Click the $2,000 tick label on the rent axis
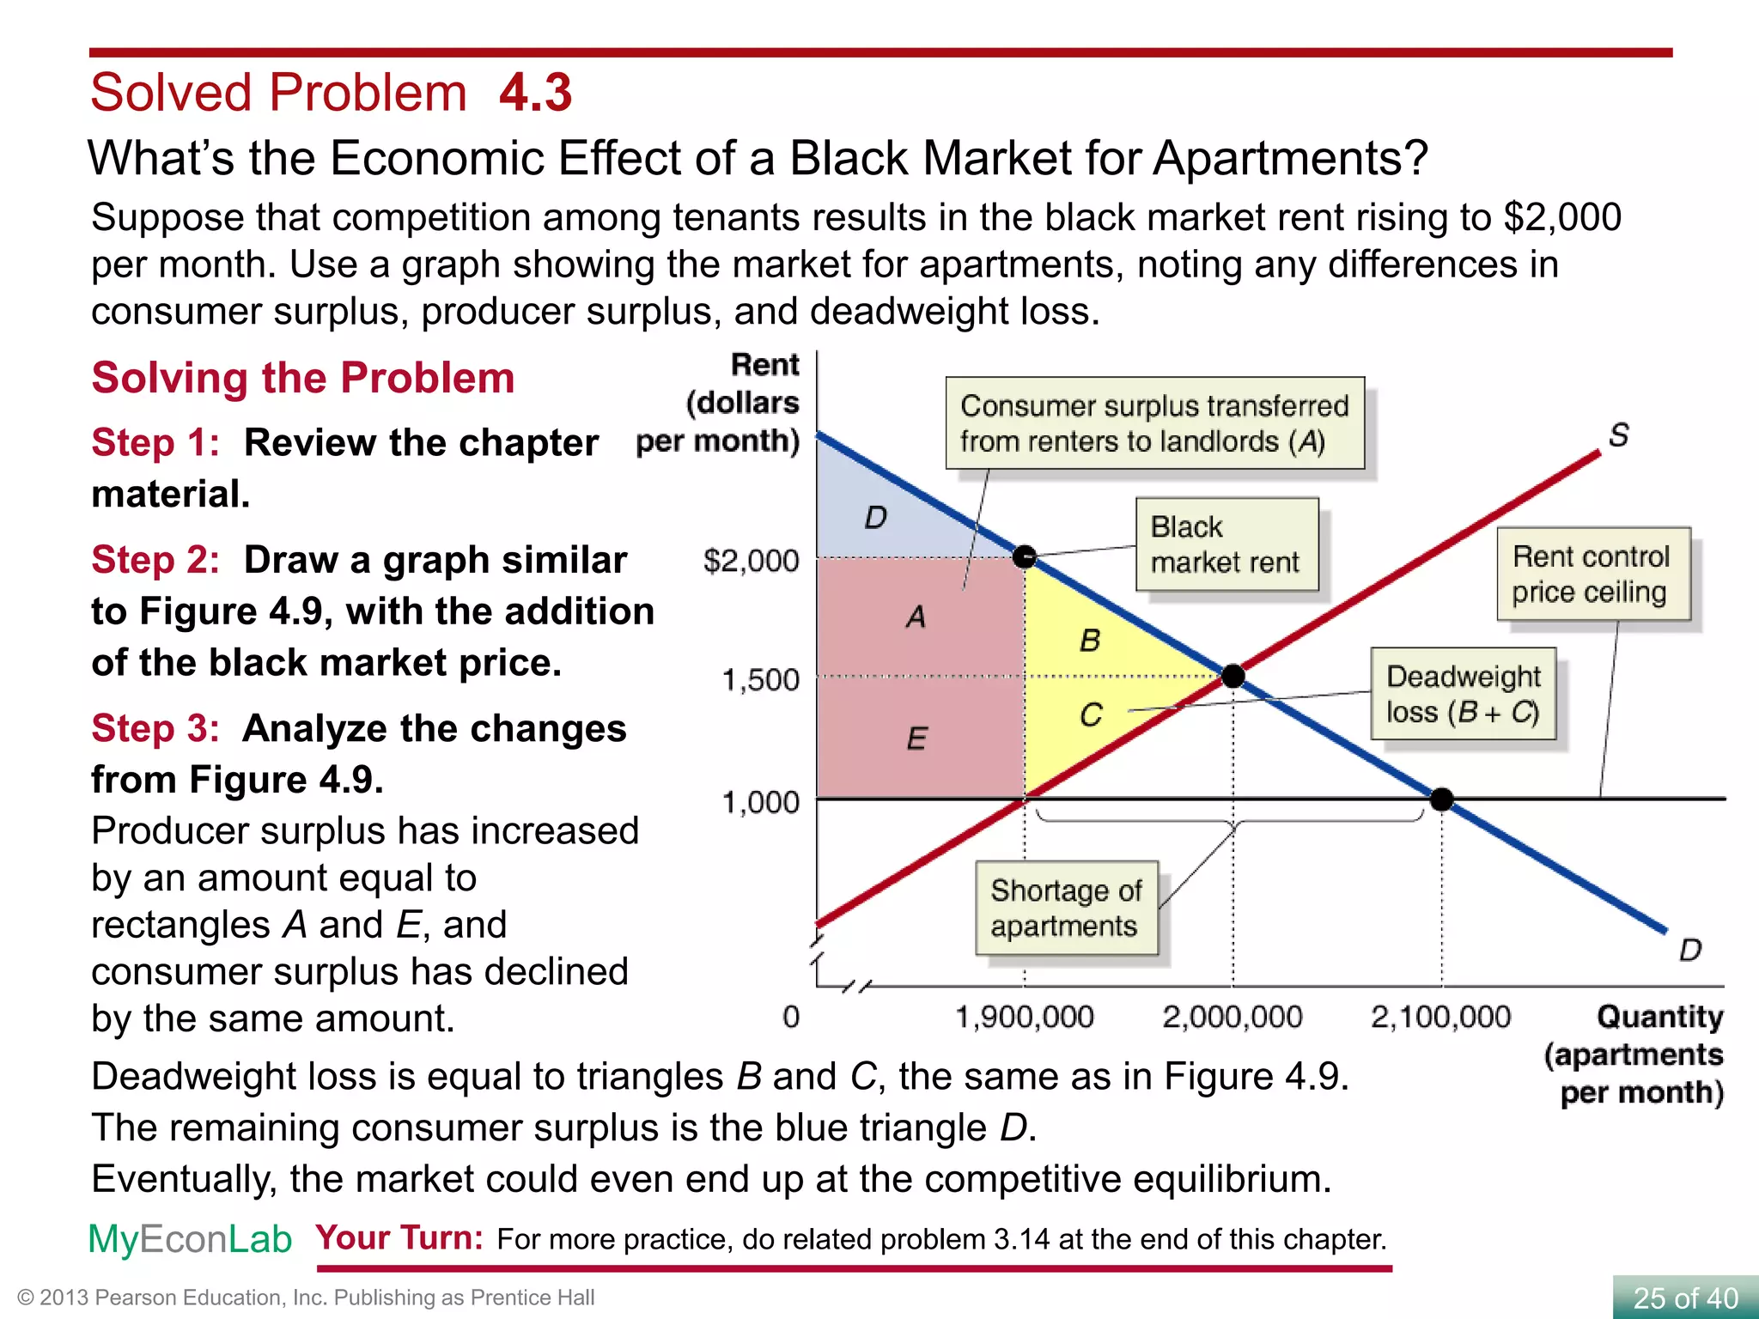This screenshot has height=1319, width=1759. coord(751,561)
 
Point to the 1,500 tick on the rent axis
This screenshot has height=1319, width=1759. coord(760,680)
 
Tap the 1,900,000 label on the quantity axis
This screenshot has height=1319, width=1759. coord(1024,1018)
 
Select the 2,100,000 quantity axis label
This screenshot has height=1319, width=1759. coord(1440,1018)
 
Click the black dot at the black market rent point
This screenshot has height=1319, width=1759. coord(1025,557)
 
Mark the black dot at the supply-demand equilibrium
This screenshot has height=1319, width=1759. coord(1233,677)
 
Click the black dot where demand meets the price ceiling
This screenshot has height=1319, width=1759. coord(1441,799)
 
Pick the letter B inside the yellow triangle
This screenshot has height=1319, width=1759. coord(1090,641)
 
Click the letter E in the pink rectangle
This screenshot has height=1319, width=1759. coord(916,739)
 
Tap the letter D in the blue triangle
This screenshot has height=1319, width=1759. coord(875,518)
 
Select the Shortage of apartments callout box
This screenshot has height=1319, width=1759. coord(1066,909)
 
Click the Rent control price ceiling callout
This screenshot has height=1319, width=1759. coord(1592,574)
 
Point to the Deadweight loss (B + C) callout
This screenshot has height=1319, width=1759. coord(1463,694)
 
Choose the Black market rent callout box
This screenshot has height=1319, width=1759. coord(1226,544)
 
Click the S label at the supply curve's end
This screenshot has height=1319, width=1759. coord(1619,435)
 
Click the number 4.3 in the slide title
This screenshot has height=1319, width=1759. coord(535,93)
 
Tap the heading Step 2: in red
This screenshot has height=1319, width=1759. coord(155,560)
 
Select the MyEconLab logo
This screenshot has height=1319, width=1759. coord(190,1239)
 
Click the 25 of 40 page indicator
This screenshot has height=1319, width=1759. coord(1684,1298)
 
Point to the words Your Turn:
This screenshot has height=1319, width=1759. coord(399,1237)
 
